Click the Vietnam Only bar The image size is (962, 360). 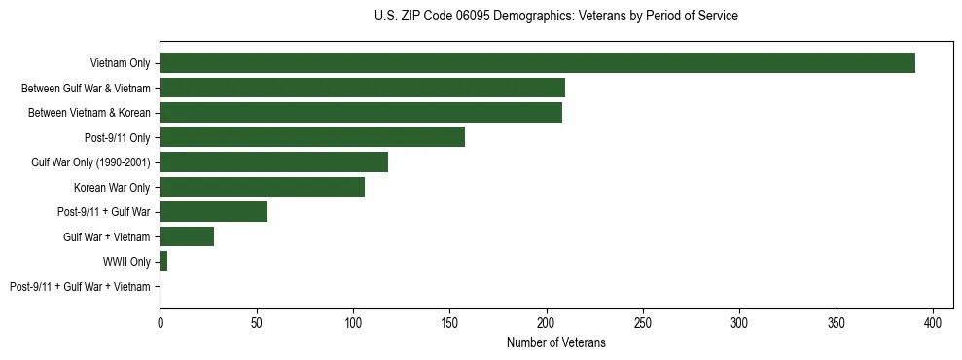[x=537, y=63]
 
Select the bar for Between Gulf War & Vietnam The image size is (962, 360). [x=362, y=88]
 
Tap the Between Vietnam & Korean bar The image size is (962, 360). [x=361, y=113]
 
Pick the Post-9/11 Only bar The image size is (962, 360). [x=312, y=137]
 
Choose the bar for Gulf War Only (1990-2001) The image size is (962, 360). [x=273, y=162]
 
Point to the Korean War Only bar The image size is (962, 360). [x=262, y=187]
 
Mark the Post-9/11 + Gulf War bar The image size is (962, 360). [x=213, y=212]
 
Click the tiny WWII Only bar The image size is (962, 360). [x=163, y=262]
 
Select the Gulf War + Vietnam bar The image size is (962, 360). [x=187, y=236]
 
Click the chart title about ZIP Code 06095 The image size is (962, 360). [x=555, y=17]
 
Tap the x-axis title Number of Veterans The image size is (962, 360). [x=555, y=342]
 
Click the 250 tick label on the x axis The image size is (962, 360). [x=644, y=320]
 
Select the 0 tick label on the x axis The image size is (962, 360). [x=160, y=320]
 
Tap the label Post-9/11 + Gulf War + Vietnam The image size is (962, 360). [x=80, y=287]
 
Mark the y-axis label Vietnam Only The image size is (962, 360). [x=120, y=63]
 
